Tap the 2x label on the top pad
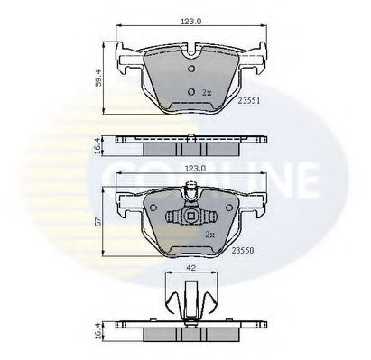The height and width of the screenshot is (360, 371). click(x=207, y=93)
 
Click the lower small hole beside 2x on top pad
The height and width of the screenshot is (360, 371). click(x=190, y=92)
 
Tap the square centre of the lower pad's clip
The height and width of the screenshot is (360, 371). click(x=190, y=217)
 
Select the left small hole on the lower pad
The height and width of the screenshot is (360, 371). click(x=173, y=217)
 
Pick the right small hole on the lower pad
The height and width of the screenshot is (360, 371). click(x=209, y=217)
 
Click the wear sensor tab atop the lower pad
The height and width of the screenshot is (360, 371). click(x=190, y=191)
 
